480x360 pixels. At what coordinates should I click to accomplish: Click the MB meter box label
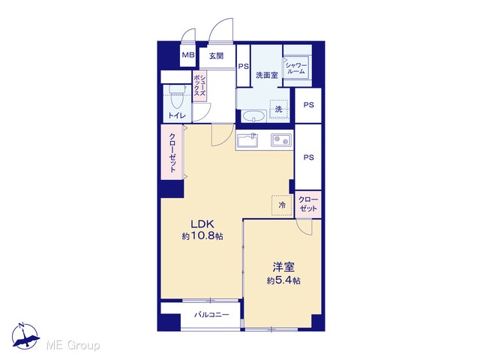tap(188, 55)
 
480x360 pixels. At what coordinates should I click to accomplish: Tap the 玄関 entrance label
tap(217, 55)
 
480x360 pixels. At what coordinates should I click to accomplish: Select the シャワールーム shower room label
tap(296, 68)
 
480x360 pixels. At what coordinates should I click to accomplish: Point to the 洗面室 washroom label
tap(267, 75)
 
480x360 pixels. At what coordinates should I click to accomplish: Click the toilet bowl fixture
tap(177, 95)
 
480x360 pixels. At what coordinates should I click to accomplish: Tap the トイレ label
tap(177, 115)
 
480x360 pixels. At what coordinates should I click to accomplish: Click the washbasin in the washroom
tap(253, 116)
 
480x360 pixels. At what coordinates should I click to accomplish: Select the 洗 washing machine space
tap(278, 109)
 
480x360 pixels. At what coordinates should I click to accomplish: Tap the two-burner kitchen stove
tap(281, 140)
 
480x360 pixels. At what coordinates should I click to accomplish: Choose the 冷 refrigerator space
tap(282, 205)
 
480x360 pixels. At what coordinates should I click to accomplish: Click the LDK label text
tap(202, 224)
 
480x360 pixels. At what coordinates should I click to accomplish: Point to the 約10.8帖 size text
tap(202, 236)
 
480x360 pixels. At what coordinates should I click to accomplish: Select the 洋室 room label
tap(283, 267)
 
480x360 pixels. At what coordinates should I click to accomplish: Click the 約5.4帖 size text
tap(283, 280)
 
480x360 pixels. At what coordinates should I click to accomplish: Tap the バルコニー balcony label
tap(211, 315)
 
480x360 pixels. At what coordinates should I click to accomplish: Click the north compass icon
tap(25, 336)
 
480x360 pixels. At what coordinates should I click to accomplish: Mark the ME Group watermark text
tap(73, 346)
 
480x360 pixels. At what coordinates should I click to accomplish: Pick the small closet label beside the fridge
tap(308, 204)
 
